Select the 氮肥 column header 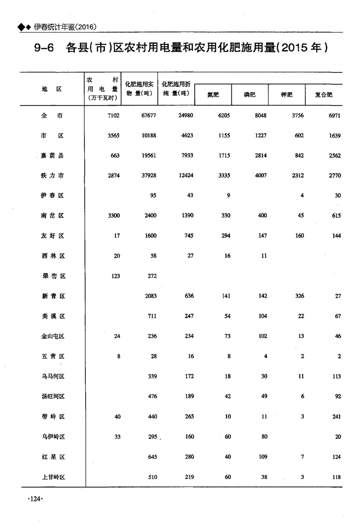click(213, 95)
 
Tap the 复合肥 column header click(324, 95)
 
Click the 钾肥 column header click(287, 95)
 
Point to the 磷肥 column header click(250, 95)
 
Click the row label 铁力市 click(53, 175)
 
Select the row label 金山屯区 click(53, 336)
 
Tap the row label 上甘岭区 click(53, 477)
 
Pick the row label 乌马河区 click(53, 377)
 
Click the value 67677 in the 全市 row click(148, 115)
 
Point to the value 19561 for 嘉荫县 click(148, 156)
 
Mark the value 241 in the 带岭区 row click(336, 417)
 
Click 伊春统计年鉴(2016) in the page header click(65, 27)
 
